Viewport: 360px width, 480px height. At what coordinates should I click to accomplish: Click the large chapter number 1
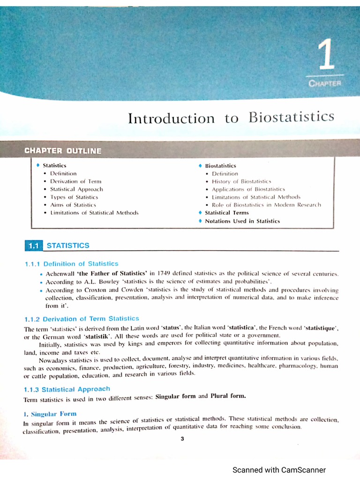point(326,55)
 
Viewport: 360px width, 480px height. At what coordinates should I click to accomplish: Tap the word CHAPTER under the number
point(325,83)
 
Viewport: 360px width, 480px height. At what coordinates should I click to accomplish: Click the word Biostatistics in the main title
point(292,117)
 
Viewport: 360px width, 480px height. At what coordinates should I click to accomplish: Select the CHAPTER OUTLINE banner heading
point(62,151)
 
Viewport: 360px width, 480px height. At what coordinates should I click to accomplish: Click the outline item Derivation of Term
point(75,181)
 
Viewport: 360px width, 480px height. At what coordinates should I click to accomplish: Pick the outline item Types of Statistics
point(74,197)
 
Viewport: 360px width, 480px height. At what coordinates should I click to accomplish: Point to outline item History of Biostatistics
point(241,181)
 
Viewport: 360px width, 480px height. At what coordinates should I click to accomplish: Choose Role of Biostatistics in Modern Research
point(266,205)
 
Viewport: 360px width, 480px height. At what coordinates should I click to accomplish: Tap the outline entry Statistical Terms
point(227,213)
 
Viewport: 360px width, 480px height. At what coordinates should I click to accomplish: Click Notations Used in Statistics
point(242,221)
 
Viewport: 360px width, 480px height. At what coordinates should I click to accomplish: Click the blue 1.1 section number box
point(33,246)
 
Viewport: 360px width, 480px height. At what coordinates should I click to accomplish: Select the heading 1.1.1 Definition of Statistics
point(71,264)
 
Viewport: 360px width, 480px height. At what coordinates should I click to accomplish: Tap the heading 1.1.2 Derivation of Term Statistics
point(81,319)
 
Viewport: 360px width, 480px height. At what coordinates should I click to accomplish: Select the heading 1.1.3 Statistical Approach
point(67,389)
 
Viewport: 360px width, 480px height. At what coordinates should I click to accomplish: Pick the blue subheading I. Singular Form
point(50,414)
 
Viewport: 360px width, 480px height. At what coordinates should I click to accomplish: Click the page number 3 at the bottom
point(182,439)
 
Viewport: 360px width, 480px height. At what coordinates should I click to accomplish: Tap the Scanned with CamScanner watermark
point(279,470)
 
